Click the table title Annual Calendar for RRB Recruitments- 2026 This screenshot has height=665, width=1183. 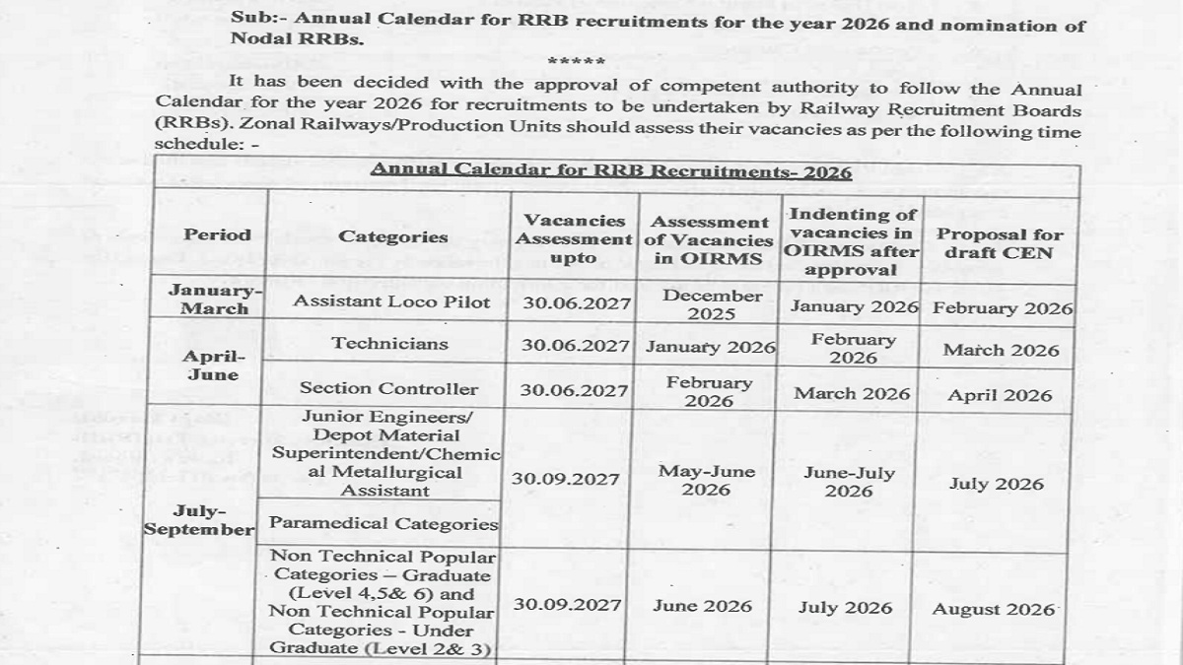[x=610, y=170]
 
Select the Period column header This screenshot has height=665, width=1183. [x=217, y=234]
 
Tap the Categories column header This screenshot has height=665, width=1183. [x=392, y=236]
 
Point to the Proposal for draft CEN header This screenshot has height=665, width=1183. [x=1000, y=243]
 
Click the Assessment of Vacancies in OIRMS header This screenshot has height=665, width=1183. [x=709, y=240]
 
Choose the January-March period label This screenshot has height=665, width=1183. [x=214, y=299]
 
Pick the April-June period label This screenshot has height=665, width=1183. [x=214, y=366]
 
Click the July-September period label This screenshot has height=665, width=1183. [x=200, y=520]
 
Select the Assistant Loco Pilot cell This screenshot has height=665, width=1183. [x=391, y=302]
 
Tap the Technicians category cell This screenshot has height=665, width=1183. [x=389, y=344]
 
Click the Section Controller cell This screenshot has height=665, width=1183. [x=388, y=388]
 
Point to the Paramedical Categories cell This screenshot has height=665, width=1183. [x=383, y=524]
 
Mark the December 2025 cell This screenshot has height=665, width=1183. [x=712, y=304]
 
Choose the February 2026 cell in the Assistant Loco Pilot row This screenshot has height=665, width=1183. [x=1003, y=307]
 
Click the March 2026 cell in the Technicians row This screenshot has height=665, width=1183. [x=1001, y=350]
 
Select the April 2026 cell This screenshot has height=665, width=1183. [x=1000, y=395]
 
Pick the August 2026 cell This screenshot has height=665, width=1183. [x=993, y=609]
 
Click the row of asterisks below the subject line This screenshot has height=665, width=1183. [x=574, y=63]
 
